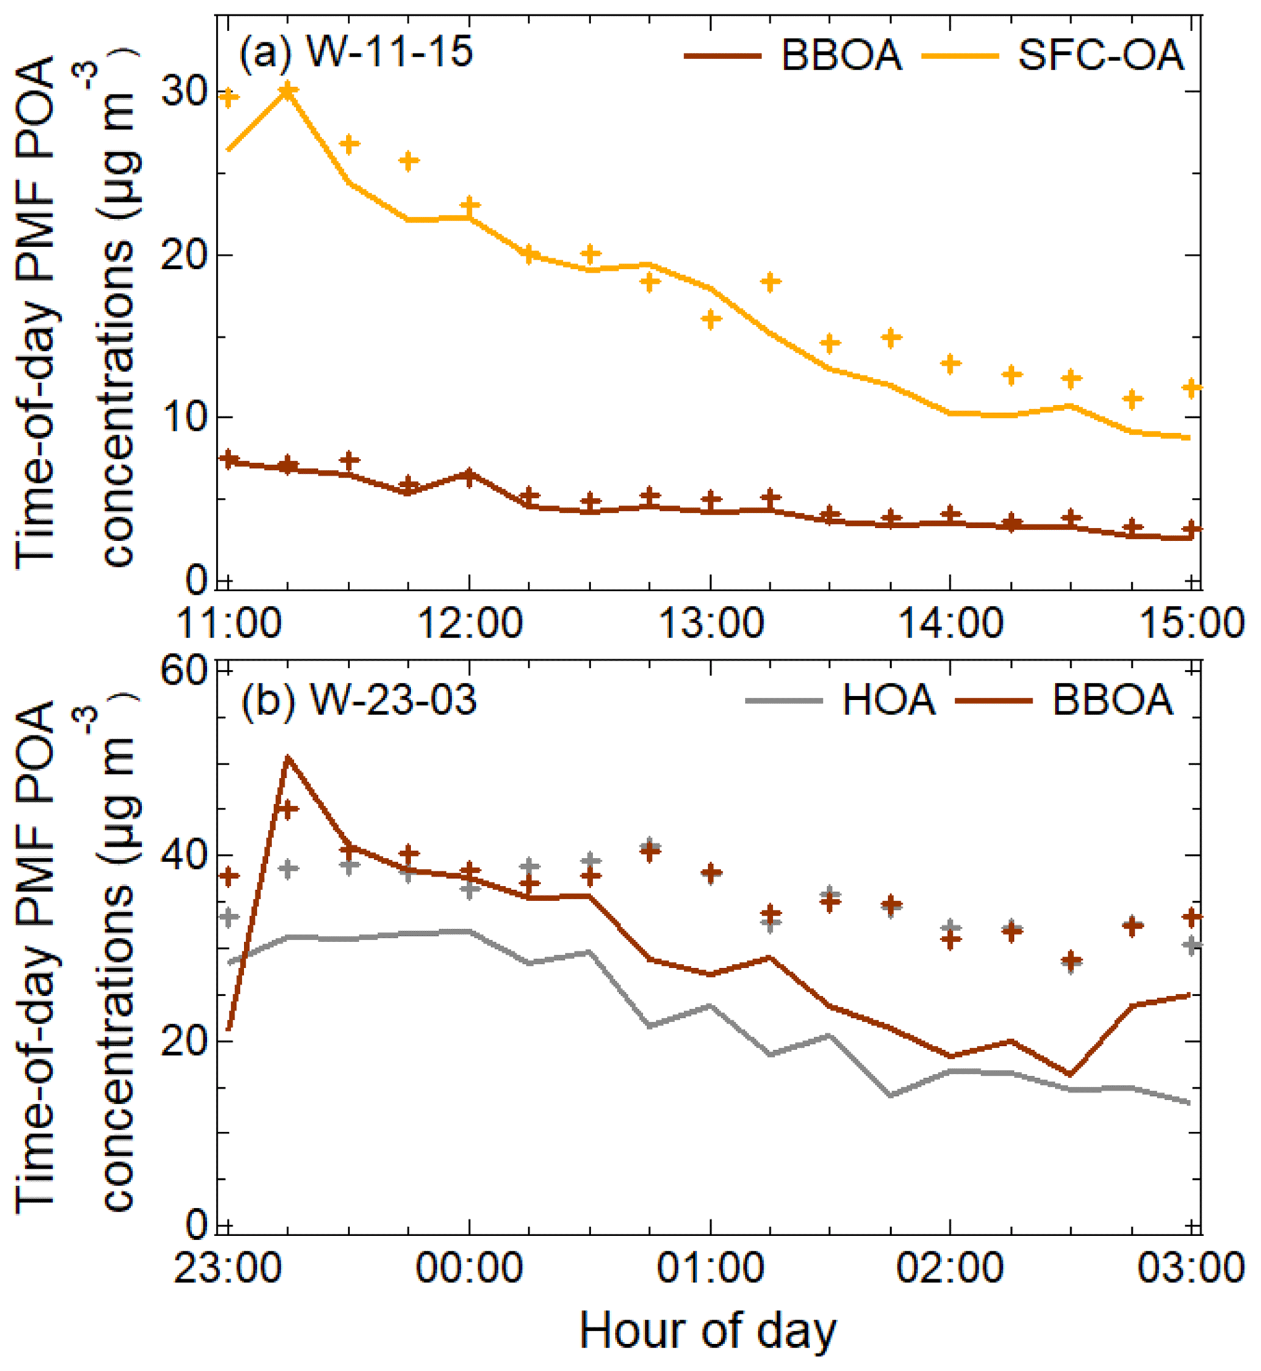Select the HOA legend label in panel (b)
888,699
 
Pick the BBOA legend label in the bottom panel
1112,699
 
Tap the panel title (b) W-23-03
358,699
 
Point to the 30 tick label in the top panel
184,92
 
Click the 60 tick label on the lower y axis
184,672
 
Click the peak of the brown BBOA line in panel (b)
288,757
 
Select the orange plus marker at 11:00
229,98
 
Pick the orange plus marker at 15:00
1191,387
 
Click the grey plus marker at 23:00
229,917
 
